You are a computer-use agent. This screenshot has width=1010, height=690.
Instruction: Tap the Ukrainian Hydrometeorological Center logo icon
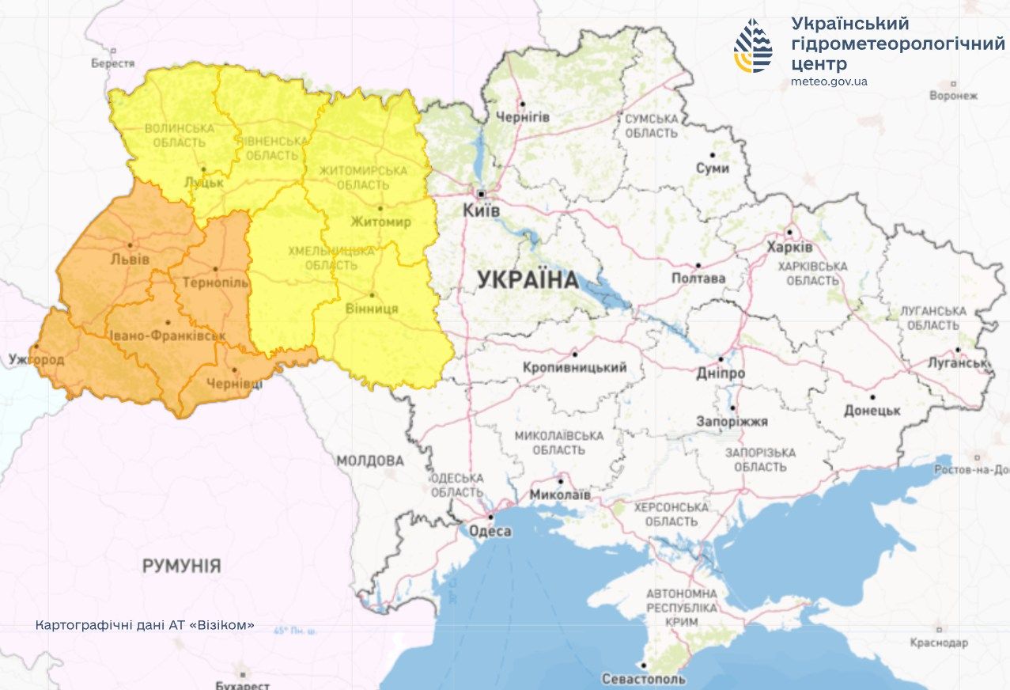coord(752,46)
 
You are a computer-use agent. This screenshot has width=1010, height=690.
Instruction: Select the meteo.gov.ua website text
coord(829,82)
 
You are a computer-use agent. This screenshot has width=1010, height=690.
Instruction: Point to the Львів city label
coord(131,259)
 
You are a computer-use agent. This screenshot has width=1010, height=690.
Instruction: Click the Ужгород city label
coord(36,359)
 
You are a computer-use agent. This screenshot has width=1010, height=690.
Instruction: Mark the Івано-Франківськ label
coord(166,336)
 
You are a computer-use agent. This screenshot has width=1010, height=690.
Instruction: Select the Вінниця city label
coord(372,309)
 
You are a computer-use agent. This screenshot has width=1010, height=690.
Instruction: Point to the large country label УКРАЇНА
coord(528,280)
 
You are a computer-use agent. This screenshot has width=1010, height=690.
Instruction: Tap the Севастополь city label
coord(643,678)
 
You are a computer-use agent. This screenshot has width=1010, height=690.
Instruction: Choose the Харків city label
coord(789,246)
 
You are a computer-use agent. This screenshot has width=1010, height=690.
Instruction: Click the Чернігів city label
coord(523,117)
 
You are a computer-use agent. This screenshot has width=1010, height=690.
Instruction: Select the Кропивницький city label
coord(574,367)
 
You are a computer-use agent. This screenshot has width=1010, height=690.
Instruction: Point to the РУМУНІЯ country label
coord(181,566)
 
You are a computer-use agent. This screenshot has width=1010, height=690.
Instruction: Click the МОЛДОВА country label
coord(369,461)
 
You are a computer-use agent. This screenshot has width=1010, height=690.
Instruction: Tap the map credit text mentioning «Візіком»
coord(145,624)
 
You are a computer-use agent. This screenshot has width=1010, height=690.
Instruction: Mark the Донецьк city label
coord(872,411)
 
